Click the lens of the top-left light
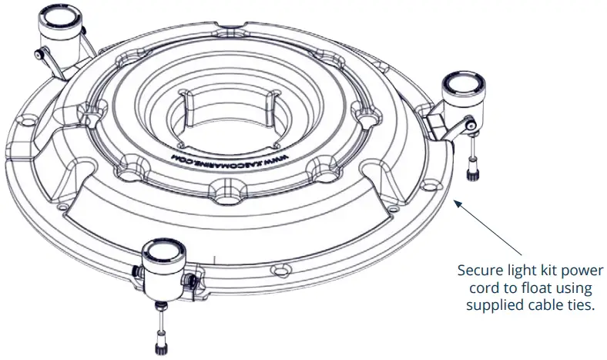point(59,16)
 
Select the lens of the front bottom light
point(163,251)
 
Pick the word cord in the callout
point(478,288)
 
